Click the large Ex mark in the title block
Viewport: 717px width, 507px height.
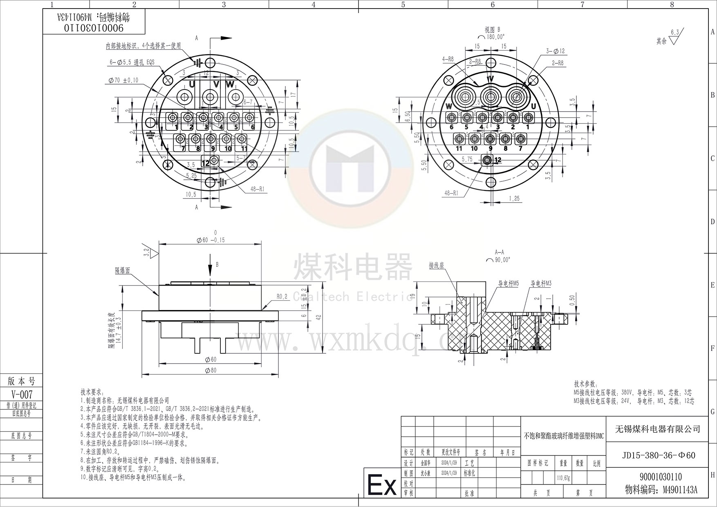click(x=382, y=485)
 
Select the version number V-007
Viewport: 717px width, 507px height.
click(x=22, y=395)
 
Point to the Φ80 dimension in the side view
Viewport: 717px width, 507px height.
click(x=211, y=370)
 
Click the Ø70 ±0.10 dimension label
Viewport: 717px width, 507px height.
click(x=123, y=80)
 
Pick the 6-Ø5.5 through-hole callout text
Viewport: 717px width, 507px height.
click(x=133, y=63)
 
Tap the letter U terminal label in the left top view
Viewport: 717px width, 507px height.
click(x=191, y=85)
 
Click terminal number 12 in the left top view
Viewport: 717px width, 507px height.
click(x=206, y=163)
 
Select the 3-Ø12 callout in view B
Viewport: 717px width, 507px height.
click(x=555, y=51)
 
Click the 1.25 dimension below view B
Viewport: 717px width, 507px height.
click(x=514, y=199)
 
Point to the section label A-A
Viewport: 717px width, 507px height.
click(x=499, y=252)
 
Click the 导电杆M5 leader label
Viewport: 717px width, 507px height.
click(x=508, y=283)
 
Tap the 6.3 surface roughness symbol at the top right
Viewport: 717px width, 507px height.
click(x=674, y=32)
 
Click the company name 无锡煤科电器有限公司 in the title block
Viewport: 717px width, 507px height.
click(x=658, y=429)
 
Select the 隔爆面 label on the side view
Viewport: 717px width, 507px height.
click(x=122, y=270)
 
